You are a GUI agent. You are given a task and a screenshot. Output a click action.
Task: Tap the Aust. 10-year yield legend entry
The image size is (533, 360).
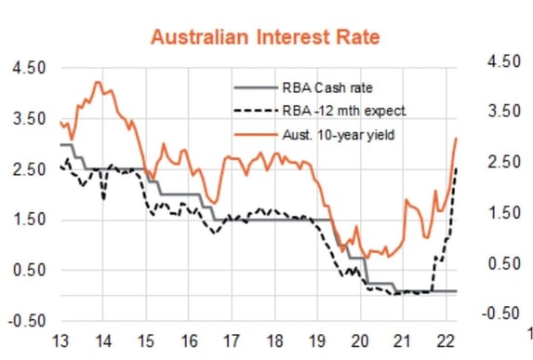[341, 135]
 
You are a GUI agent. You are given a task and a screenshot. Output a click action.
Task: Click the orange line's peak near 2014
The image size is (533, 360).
[99, 83]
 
